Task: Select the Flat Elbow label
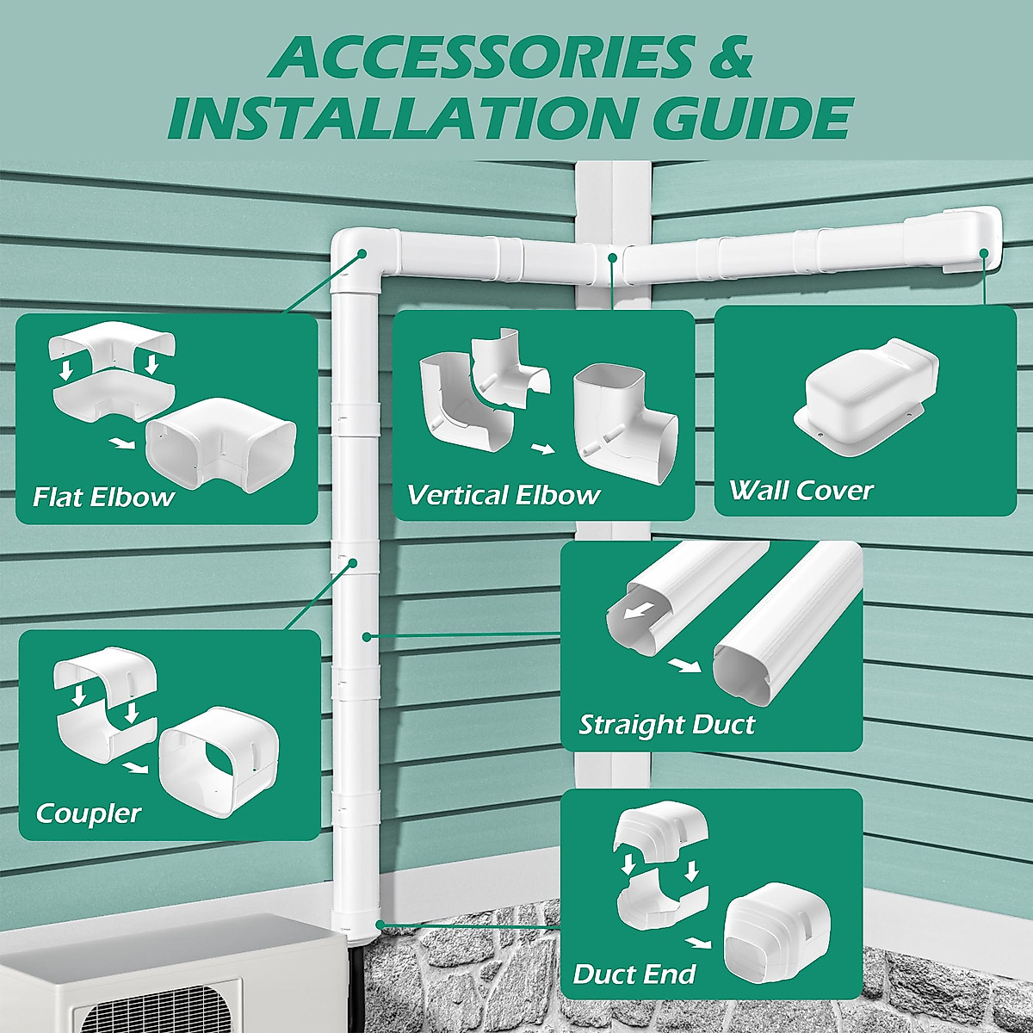[103, 497]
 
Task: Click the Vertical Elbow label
[503, 495]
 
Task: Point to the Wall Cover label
[801, 491]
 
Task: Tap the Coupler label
[88, 813]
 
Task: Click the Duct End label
[634, 974]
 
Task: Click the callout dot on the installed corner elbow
[362, 254]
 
